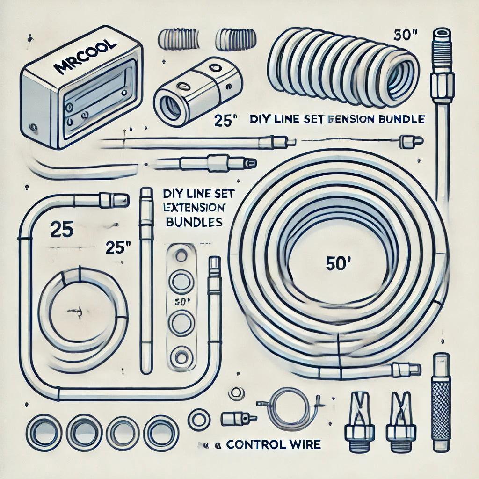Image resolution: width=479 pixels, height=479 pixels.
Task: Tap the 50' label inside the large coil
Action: pyautogui.click(x=334, y=264)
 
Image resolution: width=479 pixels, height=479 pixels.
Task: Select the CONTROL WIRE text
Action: pyautogui.click(x=274, y=444)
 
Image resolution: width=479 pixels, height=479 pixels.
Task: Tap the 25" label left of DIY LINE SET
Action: pyautogui.click(x=223, y=120)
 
